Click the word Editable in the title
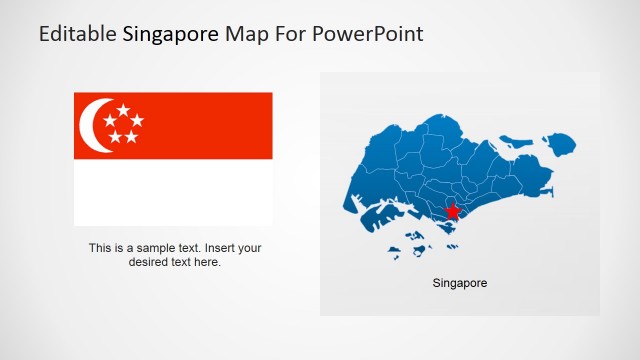click(78, 34)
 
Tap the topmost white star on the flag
click(122, 108)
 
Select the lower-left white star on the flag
click(115, 136)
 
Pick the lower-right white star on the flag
click(131, 136)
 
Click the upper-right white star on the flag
click(137, 121)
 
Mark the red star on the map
click(452, 211)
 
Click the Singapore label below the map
click(460, 284)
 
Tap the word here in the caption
click(207, 262)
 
